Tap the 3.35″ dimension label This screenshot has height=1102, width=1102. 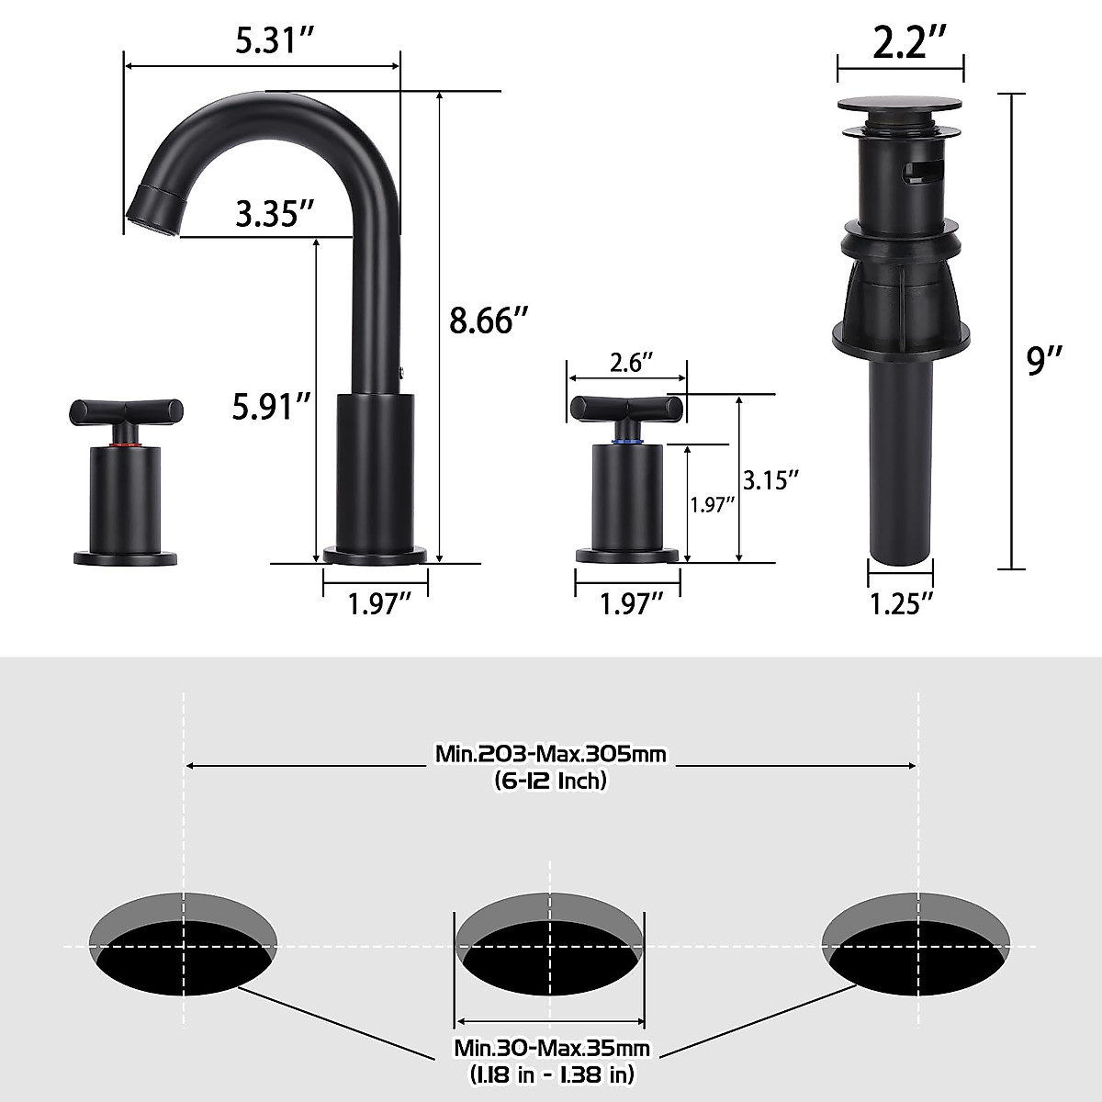click(269, 214)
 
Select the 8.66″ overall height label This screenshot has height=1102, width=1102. click(489, 321)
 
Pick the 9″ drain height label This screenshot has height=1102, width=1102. click(1043, 361)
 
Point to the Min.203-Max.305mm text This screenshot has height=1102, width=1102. click(551, 755)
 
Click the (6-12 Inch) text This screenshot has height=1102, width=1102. click(551, 782)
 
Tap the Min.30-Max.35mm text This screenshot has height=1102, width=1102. click(552, 1049)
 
